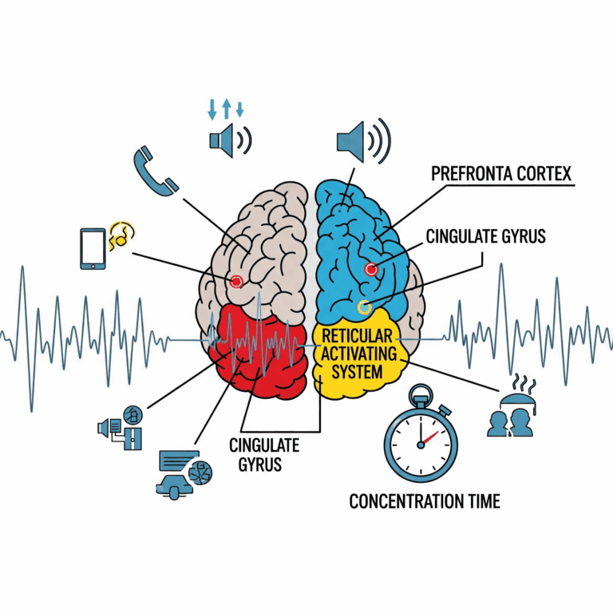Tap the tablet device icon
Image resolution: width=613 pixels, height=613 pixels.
tap(93, 248)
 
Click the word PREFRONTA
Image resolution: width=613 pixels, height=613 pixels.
tap(470, 175)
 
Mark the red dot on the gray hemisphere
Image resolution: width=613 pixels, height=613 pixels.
tap(236, 281)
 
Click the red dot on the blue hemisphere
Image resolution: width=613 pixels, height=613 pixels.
tap(370, 270)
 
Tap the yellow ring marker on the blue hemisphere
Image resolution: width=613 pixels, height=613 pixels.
tap(364, 306)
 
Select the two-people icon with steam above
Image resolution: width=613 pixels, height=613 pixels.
tap(511, 413)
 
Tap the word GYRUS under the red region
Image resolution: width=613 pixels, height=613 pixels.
tap(255, 464)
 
